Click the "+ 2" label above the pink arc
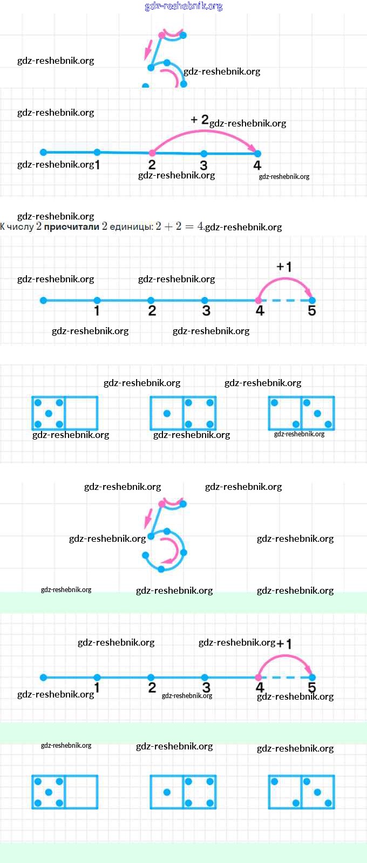pos(200,120)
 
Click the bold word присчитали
pos(71,227)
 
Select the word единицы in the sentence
pos(131,227)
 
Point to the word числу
pos(20,227)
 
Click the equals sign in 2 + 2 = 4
pos(189,227)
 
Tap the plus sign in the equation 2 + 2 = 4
pos(168,227)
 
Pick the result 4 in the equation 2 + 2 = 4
pos(200,226)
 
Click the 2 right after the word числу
pos(38,227)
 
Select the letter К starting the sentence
pos(3,227)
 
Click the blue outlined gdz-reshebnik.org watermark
pos(183,6)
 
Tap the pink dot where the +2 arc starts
pos(152,154)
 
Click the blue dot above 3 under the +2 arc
pos(203,154)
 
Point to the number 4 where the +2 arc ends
pos(257,165)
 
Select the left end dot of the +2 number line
pos(44,152)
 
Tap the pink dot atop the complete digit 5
pos(161,503)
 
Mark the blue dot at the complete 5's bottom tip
pos(161,569)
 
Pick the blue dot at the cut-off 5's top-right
pos(183,36)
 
